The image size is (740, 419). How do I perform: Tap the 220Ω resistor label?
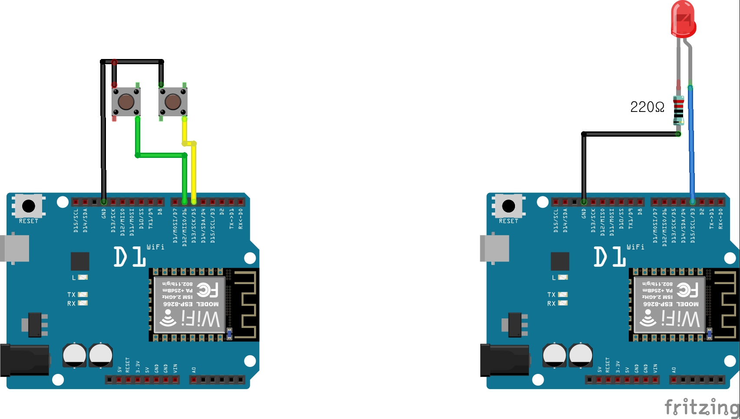point(647,107)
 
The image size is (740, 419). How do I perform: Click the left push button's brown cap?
point(126,102)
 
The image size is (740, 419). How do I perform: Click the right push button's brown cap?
point(173,102)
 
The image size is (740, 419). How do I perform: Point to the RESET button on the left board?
point(29,206)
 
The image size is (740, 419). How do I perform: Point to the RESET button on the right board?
point(509,206)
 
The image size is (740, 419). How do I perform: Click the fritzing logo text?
point(701,408)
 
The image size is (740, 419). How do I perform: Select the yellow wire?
point(194,173)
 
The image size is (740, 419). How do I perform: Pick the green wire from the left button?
point(161,155)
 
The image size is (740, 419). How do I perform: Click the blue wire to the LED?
point(691,143)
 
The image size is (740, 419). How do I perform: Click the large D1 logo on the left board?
point(129,257)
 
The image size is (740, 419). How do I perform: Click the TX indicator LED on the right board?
point(563,295)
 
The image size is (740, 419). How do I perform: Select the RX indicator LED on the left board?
point(83,303)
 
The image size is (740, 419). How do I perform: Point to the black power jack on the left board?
point(24,360)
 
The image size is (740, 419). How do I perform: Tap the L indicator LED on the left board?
point(83,277)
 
